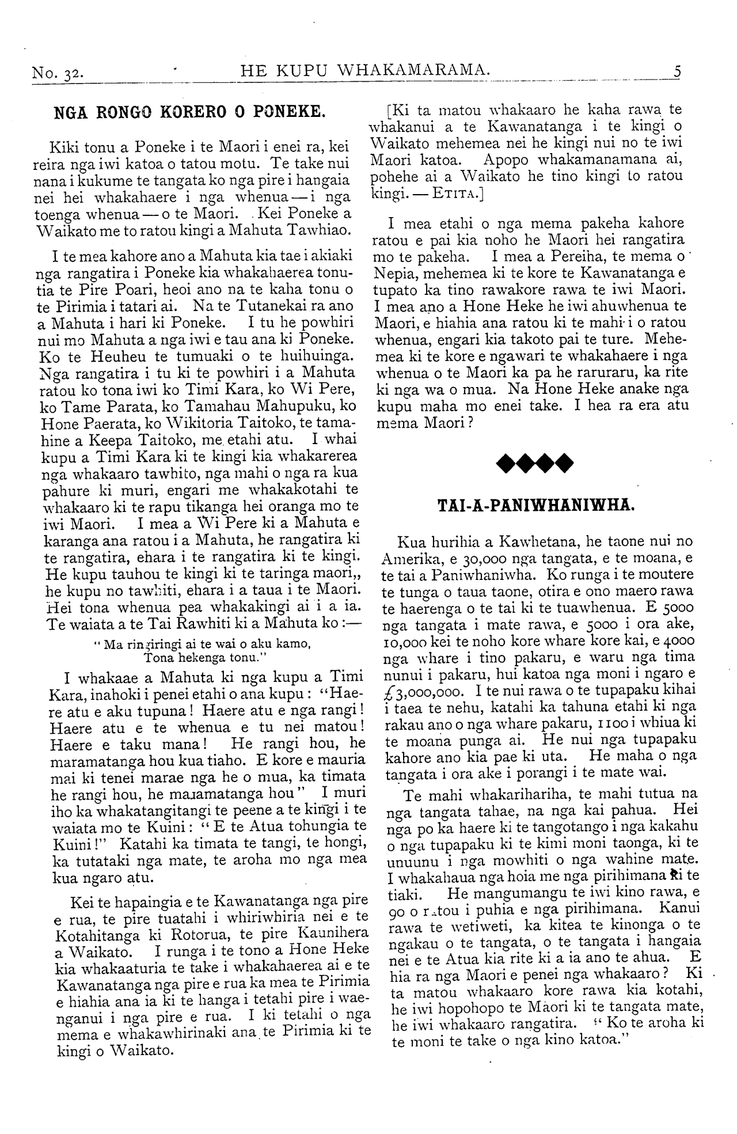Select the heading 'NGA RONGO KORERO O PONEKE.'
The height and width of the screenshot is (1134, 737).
click(189, 111)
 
